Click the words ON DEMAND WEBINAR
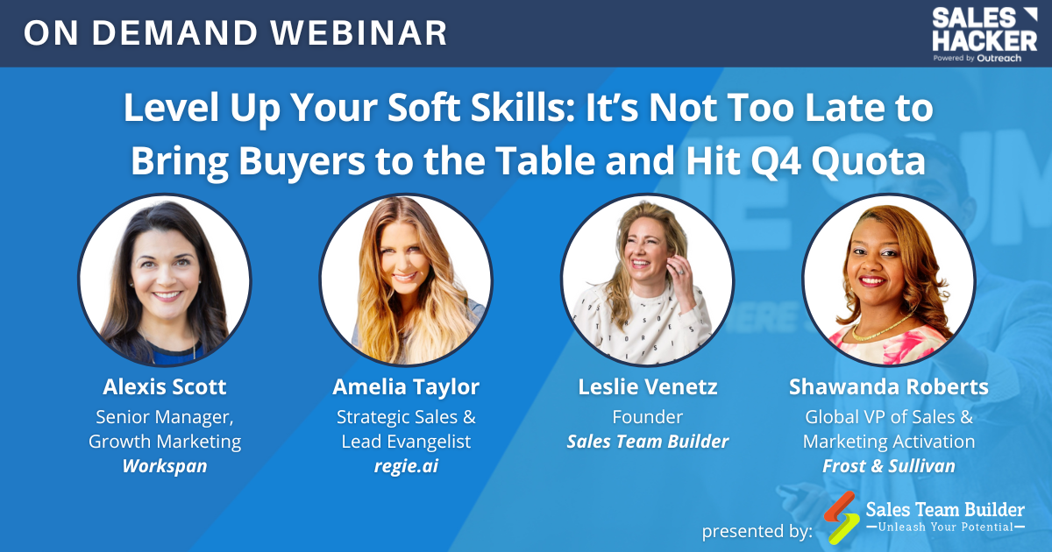point(235,33)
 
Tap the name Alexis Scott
point(165,387)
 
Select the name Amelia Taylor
point(406,387)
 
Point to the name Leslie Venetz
point(648,387)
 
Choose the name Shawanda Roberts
point(889,387)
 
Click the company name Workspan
point(165,466)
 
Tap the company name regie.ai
point(406,466)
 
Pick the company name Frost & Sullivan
point(889,466)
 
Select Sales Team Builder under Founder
point(648,442)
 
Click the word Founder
point(648,416)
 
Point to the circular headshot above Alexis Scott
point(165,280)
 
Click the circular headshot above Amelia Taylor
point(406,280)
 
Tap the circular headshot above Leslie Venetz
point(648,280)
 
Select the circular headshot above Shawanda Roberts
point(889,280)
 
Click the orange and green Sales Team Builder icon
point(841,517)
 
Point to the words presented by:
point(757,531)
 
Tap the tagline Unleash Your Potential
point(945,527)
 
